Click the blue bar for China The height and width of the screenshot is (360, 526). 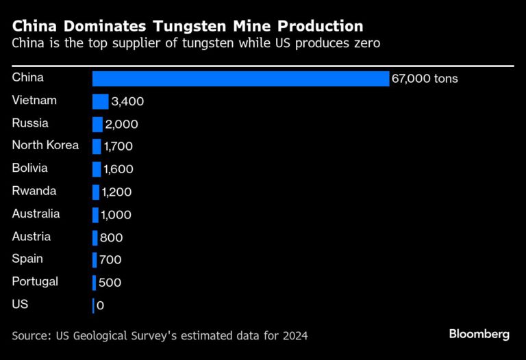tap(240, 79)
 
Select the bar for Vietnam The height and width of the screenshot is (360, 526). tap(100, 101)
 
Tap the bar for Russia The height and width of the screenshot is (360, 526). tap(97, 124)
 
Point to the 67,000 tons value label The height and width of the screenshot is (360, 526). tap(425, 79)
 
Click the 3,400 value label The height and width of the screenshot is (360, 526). tap(127, 102)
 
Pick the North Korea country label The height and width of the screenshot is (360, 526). tap(45, 145)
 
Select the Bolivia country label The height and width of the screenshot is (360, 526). tap(29, 168)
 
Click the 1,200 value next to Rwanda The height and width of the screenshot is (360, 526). tap(116, 192)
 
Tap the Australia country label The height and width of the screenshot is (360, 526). tap(36, 214)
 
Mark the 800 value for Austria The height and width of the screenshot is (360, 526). tap(111, 237)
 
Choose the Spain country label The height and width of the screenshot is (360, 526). tap(27, 259)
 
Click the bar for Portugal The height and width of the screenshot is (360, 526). tap(94, 283)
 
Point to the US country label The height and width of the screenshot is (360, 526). tap(20, 304)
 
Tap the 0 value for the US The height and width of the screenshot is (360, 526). tap(101, 306)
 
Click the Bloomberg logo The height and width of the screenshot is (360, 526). tap(479, 334)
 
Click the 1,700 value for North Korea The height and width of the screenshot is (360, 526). tap(118, 146)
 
